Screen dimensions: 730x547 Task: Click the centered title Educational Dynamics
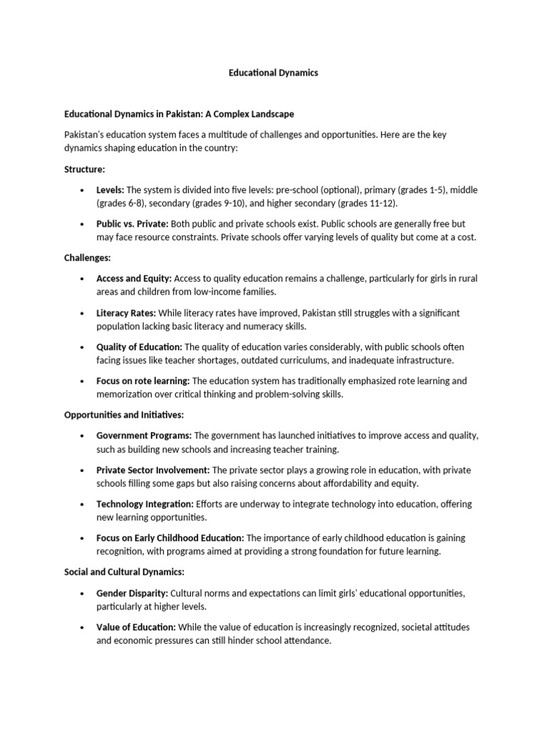(273, 73)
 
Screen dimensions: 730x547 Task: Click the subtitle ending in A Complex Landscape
(179, 114)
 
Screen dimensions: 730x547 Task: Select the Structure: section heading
(85, 170)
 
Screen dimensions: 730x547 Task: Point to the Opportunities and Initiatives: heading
(124, 414)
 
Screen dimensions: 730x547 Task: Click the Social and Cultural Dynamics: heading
(125, 571)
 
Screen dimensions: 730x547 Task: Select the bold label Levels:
(110, 190)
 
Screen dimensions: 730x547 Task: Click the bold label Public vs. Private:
(132, 224)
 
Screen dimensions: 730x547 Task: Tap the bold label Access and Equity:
(134, 279)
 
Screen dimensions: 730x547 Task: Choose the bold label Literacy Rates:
(125, 313)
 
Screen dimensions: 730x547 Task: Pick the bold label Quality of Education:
(139, 347)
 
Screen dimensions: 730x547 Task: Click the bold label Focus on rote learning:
(142, 381)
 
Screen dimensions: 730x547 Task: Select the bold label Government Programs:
(144, 436)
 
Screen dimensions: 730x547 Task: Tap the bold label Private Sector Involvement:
(152, 470)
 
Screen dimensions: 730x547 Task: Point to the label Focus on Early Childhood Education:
(170, 538)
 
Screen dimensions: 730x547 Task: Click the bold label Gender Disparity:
(132, 593)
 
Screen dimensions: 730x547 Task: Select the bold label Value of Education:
(136, 627)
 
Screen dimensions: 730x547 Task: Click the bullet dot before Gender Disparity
(83, 593)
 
